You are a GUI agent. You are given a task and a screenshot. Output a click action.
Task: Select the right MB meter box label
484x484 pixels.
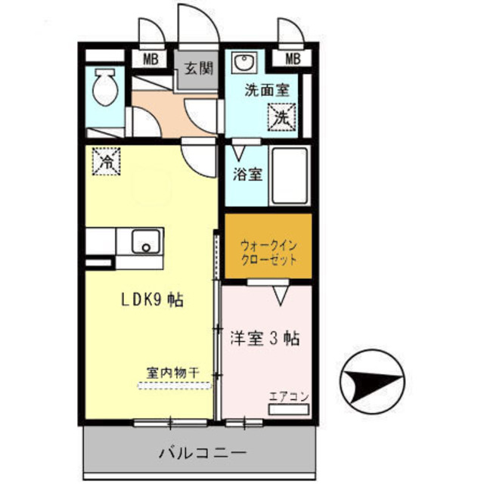[x=293, y=59]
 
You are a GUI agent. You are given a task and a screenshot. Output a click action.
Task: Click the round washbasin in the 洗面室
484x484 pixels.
[x=243, y=62]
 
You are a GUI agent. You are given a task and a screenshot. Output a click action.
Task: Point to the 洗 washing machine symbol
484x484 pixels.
[x=281, y=117]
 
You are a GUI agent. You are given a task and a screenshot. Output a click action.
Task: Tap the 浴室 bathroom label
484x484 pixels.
[x=247, y=174]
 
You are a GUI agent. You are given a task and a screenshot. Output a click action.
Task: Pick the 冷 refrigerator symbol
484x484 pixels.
[x=107, y=160]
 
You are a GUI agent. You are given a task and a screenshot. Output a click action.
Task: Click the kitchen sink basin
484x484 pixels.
[x=144, y=243]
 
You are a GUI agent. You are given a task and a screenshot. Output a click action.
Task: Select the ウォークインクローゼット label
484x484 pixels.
[x=268, y=252]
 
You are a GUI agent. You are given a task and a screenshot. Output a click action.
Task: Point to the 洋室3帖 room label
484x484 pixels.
[x=265, y=338]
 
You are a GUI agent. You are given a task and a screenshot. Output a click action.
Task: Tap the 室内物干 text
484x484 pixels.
[x=172, y=372]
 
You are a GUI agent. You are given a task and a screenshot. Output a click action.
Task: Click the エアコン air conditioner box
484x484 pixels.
[x=288, y=409]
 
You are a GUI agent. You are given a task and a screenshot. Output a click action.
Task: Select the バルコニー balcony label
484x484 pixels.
[x=202, y=454]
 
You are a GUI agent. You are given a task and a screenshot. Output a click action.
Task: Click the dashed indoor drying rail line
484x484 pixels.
[x=174, y=386]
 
